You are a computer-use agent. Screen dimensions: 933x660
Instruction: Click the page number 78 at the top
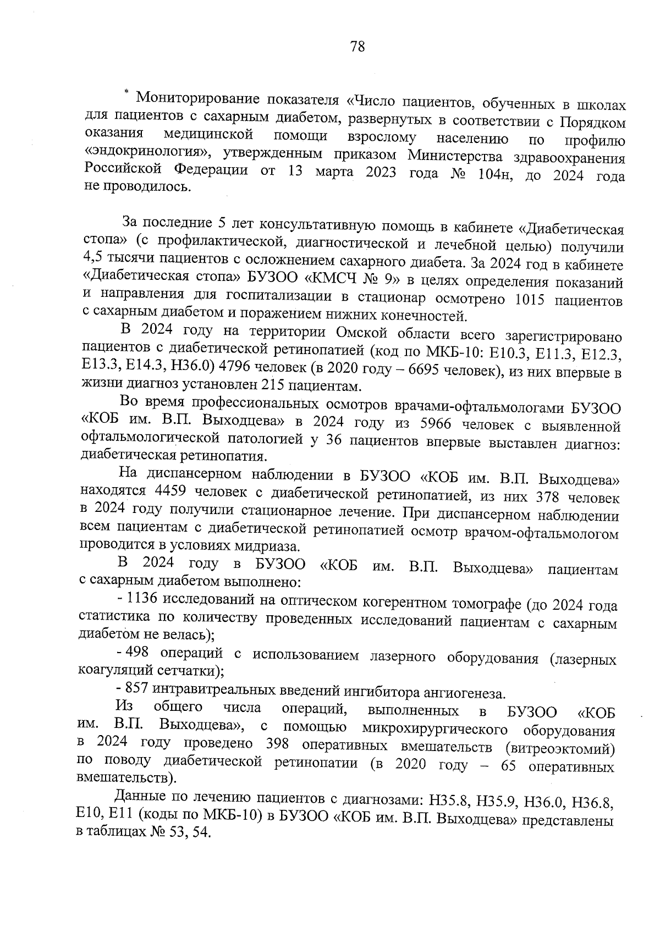coord(357,47)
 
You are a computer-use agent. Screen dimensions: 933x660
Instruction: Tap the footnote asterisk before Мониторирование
coord(127,92)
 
